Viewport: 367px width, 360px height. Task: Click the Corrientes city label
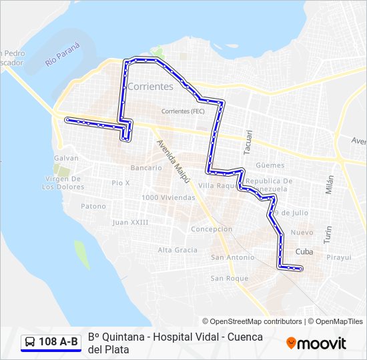coord(150,87)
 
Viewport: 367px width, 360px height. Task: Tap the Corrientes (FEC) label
coord(183,111)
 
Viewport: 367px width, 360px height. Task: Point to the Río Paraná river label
coord(63,54)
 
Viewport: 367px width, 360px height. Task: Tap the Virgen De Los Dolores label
coord(62,183)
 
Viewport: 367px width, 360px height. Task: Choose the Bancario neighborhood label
coord(146,167)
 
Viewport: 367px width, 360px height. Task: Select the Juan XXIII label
coord(131,222)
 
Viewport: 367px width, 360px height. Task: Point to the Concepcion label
coord(212,229)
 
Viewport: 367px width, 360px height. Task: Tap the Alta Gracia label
coord(177,250)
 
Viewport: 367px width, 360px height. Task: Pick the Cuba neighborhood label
coord(304,252)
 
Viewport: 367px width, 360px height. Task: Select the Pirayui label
coord(339,257)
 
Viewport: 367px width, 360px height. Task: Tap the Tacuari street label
coord(248,142)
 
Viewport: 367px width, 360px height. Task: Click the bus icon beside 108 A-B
coord(30,342)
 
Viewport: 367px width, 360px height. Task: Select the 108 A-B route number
coord(58,342)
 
